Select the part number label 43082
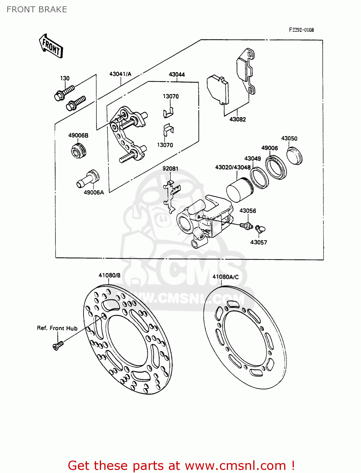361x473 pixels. (x=238, y=119)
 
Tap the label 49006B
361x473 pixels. (x=78, y=135)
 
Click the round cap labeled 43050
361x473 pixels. (x=295, y=155)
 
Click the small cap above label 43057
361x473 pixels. (x=260, y=228)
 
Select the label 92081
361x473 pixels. (x=170, y=168)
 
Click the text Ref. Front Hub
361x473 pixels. (x=57, y=328)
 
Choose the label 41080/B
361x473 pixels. (x=109, y=275)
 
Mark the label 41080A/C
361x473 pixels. (x=225, y=277)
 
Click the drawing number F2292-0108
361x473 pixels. (x=301, y=30)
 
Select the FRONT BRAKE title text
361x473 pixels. (x=37, y=9)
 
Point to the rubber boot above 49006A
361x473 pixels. (x=88, y=178)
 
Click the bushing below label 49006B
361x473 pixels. (x=78, y=150)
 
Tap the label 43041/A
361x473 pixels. (x=120, y=74)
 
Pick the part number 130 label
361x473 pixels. (x=65, y=78)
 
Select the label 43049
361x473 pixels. (x=252, y=158)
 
